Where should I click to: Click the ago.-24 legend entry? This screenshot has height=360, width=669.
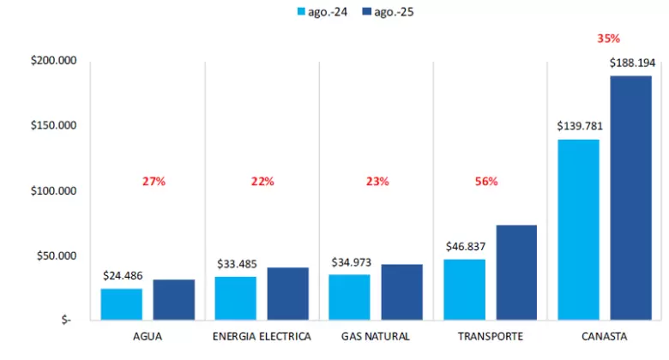click(322, 12)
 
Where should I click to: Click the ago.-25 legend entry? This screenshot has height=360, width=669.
click(388, 12)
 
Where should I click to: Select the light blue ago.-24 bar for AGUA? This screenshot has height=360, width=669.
click(122, 304)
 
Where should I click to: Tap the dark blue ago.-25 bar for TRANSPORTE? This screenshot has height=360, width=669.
click(516, 273)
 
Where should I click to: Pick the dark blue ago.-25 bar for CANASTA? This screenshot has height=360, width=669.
click(630, 198)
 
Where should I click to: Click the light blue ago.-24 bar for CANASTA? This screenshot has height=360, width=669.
click(579, 230)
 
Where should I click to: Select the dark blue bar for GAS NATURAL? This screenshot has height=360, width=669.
click(402, 292)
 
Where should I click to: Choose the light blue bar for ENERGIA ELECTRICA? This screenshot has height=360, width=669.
click(236, 298)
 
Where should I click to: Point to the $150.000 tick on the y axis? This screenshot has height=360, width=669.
click(54, 125)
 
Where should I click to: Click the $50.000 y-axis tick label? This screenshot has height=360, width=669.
click(57, 256)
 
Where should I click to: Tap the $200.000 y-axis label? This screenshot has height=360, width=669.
click(54, 60)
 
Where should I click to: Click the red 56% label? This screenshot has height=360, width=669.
click(486, 181)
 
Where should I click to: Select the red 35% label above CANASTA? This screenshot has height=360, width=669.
click(608, 39)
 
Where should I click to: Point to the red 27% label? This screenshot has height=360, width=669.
click(154, 181)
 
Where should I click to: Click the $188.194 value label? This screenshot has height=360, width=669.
click(632, 63)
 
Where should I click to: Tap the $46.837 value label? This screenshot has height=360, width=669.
click(466, 247)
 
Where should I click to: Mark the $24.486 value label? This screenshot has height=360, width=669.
click(123, 275)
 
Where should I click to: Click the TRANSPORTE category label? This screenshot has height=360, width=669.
click(491, 337)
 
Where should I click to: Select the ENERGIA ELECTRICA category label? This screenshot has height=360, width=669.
click(262, 337)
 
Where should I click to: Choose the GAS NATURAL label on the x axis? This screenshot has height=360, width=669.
click(376, 337)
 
